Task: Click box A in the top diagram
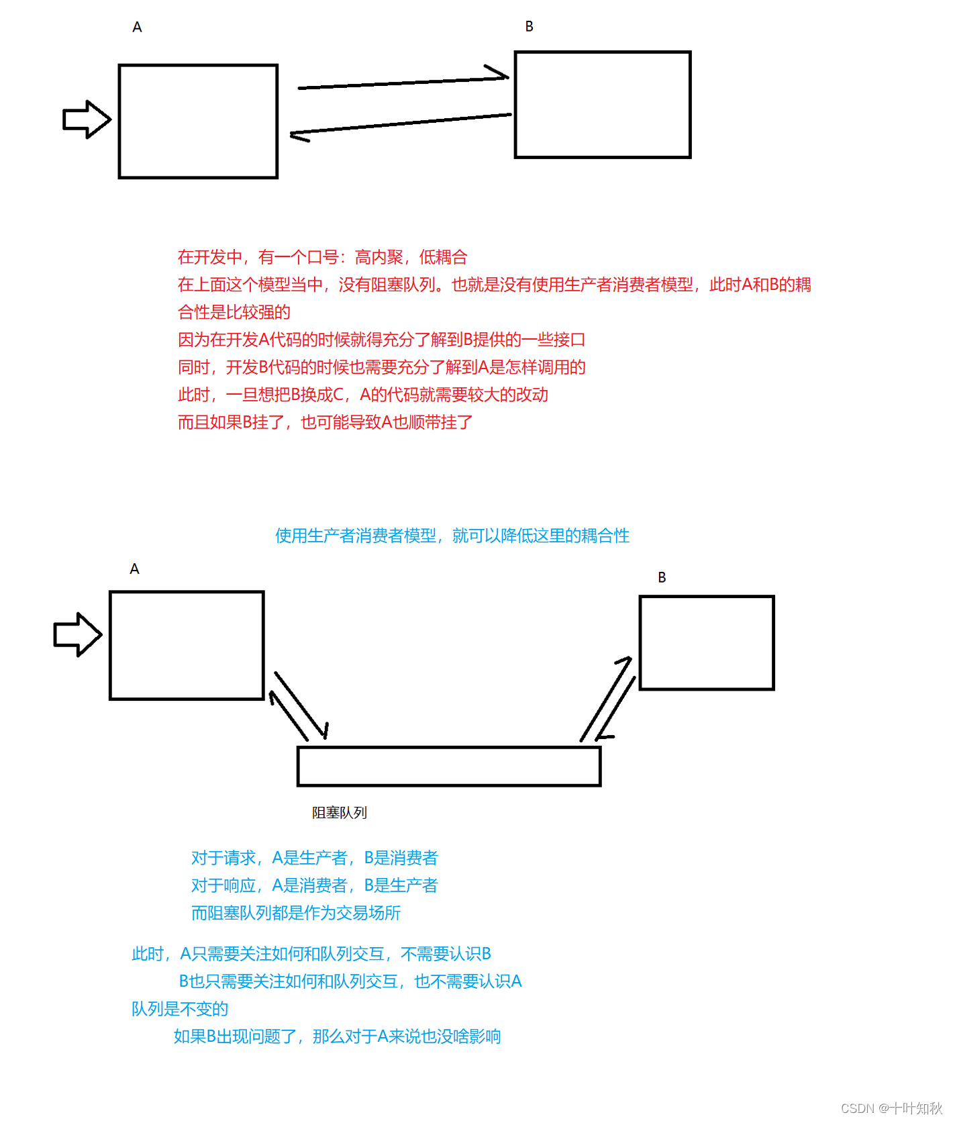coord(198,121)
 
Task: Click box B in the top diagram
coord(602,105)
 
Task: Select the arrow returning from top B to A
coord(401,124)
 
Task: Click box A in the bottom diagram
coord(187,645)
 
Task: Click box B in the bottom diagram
coord(706,642)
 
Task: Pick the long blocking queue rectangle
coord(448,766)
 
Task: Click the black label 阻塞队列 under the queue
coord(340,813)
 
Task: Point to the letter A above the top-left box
coord(137,28)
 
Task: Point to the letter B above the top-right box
coord(529,27)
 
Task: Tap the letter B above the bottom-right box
coord(662,577)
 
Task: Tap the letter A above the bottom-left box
coord(134,569)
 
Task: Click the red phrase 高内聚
coord(379,257)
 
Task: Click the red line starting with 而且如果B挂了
coord(325,422)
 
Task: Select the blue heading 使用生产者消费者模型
coord(356,536)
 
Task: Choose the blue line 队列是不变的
coord(180,1009)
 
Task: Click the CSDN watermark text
coord(891,1108)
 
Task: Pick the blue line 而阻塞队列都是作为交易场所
coord(296,913)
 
